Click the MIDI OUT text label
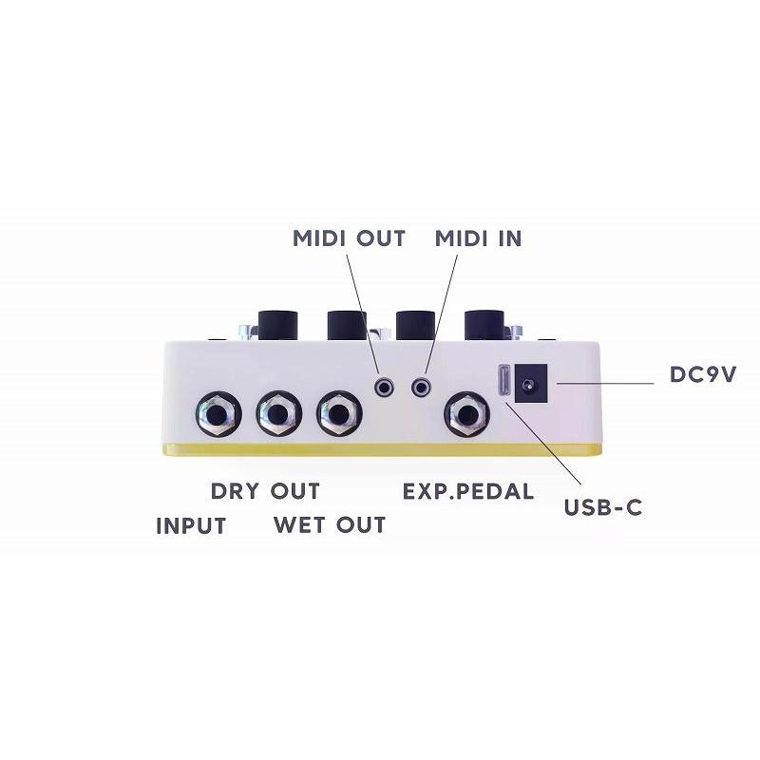point(349,238)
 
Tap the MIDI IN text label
point(479,238)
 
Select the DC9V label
point(703,374)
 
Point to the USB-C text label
point(603,507)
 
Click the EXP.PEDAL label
point(468,491)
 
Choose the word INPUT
point(192,526)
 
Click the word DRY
point(235,491)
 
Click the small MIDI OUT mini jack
point(385,387)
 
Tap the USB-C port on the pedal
point(504,382)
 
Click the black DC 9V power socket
point(531,384)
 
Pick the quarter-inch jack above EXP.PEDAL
point(466,414)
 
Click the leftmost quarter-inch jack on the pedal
point(218,414)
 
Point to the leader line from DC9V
point(605,384)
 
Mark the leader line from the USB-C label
point(541,443)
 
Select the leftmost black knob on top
point(277,324)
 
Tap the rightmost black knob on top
point(484,324)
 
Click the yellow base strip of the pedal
point(382,449)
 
